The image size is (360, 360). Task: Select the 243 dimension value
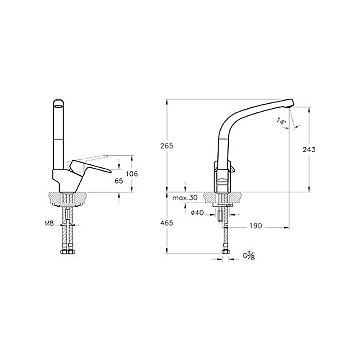click(309, 149)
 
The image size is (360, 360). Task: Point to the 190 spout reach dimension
click(255, 226)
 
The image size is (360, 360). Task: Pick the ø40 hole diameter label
click(197, 213)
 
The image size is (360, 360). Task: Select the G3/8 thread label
click(248, 256)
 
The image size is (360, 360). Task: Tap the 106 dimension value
click(132, 174)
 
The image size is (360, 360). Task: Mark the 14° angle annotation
click(281, 121)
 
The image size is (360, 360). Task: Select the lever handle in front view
click(91, 168)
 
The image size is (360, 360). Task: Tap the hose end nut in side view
click(225, 252)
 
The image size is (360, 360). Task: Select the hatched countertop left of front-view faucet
click(53, 198)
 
